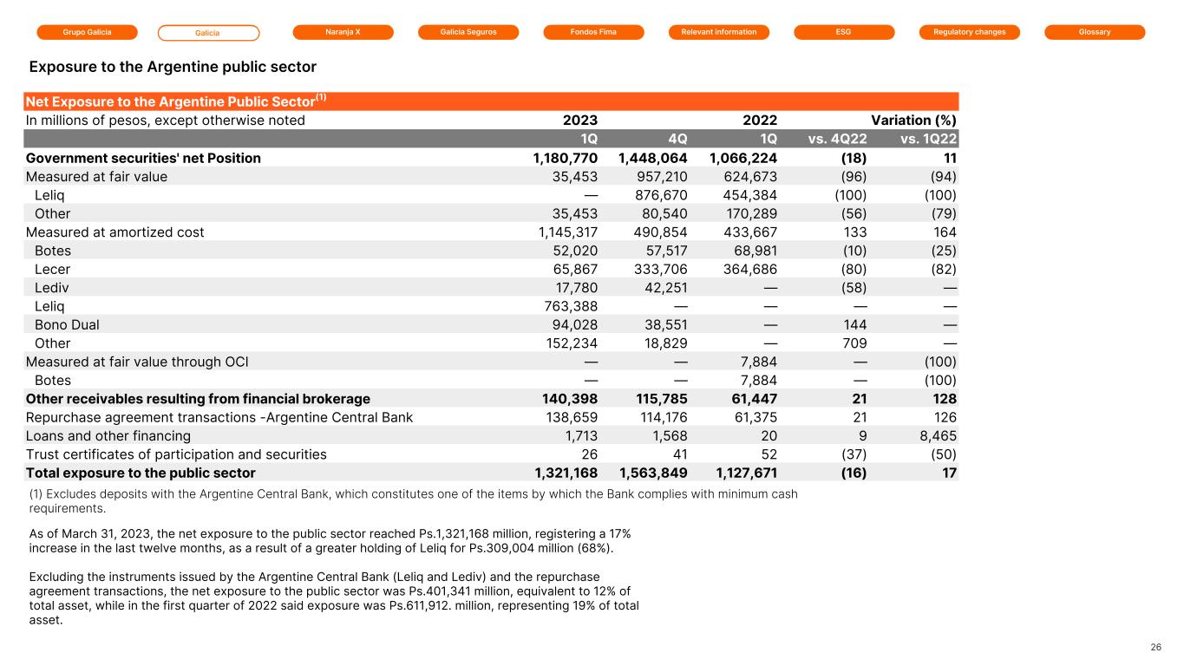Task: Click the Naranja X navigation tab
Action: pos(343,32)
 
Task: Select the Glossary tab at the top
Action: pos(1095,32)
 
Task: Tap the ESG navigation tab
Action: pos(844,32)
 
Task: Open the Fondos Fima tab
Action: pos(593,32)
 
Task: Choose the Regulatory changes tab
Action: pos(969,32)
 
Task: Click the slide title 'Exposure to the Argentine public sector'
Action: pos(173,67)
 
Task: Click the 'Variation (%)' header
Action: pos(913,121)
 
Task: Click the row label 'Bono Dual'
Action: pos(67,325)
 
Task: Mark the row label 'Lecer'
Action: pos(52,270)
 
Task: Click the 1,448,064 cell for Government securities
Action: pos(652,159)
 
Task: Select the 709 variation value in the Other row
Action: pos(854,343)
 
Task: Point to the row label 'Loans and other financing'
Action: pos(108,436)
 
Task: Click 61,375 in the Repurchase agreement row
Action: pos(749,417)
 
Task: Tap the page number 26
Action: pos(1155,647)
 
